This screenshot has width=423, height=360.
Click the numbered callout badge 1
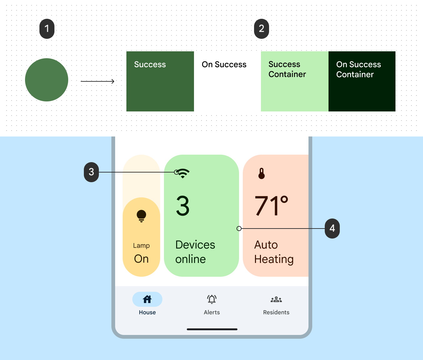tap(47, 29)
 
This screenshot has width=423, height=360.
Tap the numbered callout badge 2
tap(262, 29)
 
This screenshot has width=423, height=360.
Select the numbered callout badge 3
tap(91, 172)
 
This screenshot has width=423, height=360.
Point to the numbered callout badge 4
tap(332, 229)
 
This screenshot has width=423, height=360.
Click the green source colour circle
tap(47, 80)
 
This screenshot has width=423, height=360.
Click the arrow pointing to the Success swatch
tap(98, 81)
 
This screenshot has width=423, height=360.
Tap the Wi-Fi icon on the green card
tap(183, 173)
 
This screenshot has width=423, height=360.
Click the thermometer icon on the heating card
tap(262, 173)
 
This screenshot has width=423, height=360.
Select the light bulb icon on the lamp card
tap(141, 216)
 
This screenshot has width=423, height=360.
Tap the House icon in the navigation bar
tap(147, 299)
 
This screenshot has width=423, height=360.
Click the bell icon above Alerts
tap(212, 299)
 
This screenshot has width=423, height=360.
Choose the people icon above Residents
tap(276, 300)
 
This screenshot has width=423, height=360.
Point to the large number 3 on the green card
tap(183, 206)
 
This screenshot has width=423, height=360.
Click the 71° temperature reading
tap(271, 206)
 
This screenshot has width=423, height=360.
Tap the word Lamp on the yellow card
tap(141, 246)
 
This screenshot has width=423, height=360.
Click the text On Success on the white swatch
tap(224, 64)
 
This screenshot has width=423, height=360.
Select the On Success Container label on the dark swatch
tap(358, 69)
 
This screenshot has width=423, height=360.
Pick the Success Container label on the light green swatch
tap(287, 69)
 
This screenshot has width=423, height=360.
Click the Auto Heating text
tap(274, 252)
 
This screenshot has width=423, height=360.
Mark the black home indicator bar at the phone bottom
tap(212, 329)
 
